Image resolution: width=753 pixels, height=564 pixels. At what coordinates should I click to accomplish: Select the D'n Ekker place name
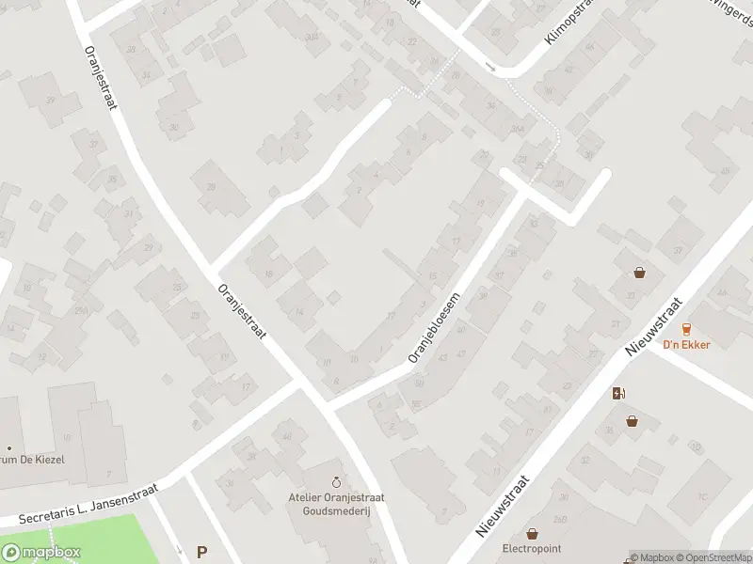click(x=686, y=344)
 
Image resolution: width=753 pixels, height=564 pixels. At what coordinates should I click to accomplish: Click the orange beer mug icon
click(x=686, y=328)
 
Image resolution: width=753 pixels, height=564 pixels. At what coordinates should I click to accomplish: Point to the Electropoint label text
click(x=531, y=548)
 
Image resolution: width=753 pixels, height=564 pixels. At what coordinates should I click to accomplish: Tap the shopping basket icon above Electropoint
click(x=532, y=533)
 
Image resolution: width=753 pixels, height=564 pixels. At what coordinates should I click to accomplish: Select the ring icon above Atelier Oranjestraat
click(x=337, y=468)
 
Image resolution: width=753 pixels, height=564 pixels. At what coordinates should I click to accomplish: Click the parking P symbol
click(x=200, y=553)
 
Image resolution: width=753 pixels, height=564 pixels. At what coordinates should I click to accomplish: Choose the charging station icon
click(x=618, y=394)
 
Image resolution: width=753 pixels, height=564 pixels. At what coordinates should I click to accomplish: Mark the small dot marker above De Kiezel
click(x=9, y=447)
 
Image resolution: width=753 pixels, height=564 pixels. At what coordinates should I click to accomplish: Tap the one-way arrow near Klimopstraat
click(x=489, y=66)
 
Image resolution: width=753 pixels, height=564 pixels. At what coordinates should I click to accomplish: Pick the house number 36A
click(x=517, y=129)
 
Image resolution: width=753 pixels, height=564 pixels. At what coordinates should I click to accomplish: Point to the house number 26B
click(x=560, y=519)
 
